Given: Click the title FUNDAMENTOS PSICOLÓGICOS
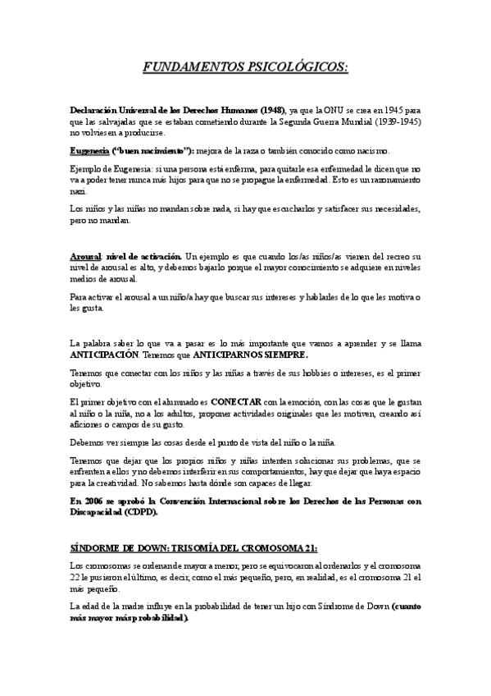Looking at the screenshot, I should [x=245, y=66].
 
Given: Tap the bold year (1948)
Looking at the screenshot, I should [x=271, y=110].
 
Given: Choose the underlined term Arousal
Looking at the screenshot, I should [x=85, y=258].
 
